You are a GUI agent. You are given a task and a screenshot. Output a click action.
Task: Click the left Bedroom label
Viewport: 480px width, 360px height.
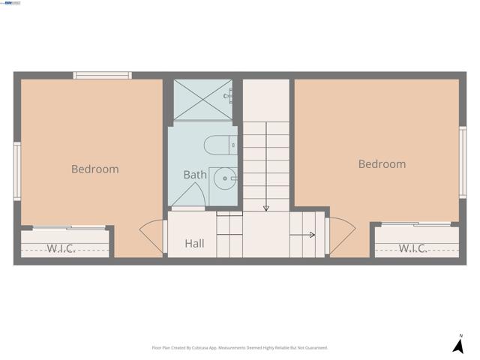click(94, 169)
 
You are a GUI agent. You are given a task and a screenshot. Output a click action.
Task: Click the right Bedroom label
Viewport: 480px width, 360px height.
click(382, 164)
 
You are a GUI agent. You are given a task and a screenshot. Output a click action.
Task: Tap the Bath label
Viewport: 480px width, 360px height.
click(195, 175)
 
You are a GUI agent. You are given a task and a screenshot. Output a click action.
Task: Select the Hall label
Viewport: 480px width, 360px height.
click(194, 244)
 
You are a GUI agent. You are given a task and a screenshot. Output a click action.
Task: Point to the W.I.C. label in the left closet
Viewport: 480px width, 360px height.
click(61, 248)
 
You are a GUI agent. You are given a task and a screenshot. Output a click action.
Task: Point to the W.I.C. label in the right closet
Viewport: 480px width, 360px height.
click(412, 248)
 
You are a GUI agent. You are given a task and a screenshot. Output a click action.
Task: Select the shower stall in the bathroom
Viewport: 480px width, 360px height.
click(202, 99)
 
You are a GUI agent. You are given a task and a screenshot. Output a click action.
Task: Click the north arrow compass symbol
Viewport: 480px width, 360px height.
click(457, 346)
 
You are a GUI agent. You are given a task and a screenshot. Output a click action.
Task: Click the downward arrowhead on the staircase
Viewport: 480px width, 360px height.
click(266, 207)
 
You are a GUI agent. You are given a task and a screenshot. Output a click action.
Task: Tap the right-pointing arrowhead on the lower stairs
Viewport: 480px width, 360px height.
click(311, 235)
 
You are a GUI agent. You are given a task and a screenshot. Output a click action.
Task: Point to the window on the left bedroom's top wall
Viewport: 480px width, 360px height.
click(102, 75)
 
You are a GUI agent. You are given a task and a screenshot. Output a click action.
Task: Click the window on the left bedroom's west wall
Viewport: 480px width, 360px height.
click(16, 171)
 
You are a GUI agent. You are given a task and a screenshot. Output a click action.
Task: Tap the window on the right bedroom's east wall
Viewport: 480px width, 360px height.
click(463, 162)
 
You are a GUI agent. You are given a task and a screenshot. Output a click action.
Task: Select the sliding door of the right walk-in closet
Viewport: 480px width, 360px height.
click(416, 224)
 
